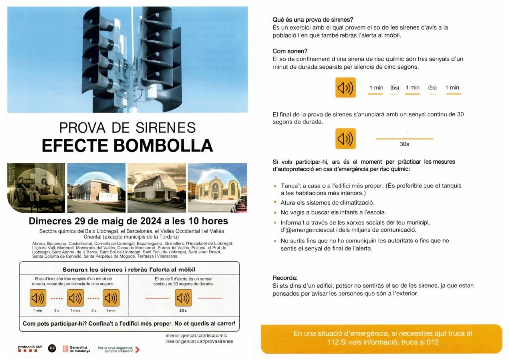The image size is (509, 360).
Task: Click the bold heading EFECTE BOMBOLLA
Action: pos(127,145)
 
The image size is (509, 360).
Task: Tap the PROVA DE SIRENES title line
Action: pos(127,127)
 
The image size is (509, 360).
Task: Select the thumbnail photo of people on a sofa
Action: pos(36,187)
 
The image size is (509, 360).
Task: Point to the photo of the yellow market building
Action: pos(217,187)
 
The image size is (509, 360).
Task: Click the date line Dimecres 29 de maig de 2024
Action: pos(128,221)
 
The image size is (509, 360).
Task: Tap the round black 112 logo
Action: pos(52,348)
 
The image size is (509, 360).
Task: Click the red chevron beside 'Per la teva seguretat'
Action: pos(137,349)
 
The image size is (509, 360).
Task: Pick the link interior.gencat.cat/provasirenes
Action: pos(199,341)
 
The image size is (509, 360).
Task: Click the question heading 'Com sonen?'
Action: pos(290,51)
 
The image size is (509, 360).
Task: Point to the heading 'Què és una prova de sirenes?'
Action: pos(313,20)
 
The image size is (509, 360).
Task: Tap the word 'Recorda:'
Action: pos(285,278)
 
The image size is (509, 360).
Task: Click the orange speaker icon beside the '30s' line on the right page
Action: pos(345,139)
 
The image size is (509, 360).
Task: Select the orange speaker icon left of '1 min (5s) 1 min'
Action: pos(345,88)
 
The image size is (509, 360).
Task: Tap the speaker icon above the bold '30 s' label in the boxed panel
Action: pos(183,298)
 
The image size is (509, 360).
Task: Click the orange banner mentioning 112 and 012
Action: pos(382,338)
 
